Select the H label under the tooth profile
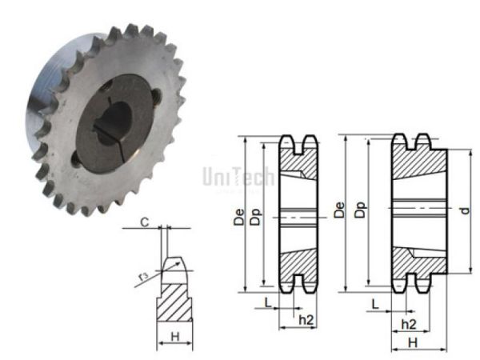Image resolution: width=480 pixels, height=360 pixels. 175,338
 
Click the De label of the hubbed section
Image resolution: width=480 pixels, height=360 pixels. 341,210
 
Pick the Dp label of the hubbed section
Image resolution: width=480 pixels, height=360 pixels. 361,210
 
